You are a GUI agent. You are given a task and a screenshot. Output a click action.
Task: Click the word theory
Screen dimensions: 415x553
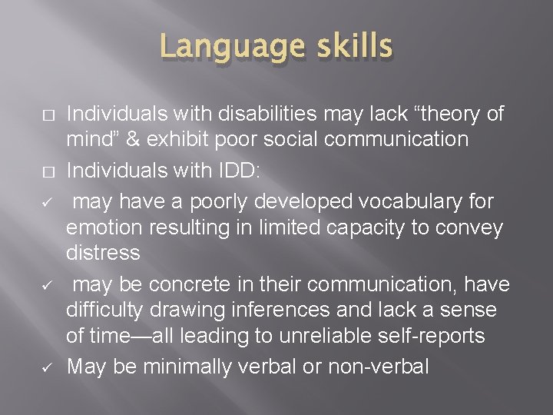(x=441, y=115)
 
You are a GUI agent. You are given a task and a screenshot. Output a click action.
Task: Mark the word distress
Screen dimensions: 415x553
(x=104, y=252)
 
